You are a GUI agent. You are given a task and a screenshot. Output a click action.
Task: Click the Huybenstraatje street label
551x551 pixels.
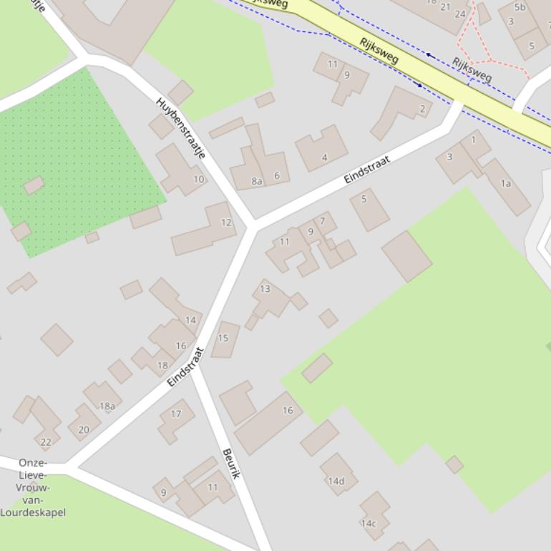180,128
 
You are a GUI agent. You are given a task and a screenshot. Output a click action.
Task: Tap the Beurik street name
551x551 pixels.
230,464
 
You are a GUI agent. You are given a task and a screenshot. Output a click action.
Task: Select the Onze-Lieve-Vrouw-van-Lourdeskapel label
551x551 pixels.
33,487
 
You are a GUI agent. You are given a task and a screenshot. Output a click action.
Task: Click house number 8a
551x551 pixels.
257,182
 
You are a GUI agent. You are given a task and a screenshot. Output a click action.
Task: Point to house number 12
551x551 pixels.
226,223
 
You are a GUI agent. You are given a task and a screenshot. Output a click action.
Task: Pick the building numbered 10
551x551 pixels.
198,179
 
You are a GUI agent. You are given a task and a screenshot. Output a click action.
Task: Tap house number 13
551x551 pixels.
265,289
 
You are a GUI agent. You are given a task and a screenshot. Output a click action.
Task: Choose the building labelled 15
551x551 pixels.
223,338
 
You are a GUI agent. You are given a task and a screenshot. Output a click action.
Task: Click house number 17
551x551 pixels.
176,414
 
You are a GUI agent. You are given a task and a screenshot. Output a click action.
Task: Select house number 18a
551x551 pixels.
107,406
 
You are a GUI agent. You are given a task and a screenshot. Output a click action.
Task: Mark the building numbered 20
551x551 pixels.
84,429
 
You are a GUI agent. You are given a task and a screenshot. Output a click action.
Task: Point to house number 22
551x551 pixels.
46,442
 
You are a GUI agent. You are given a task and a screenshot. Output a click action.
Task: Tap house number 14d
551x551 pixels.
336,481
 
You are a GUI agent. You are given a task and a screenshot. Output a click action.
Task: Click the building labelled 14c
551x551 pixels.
369,523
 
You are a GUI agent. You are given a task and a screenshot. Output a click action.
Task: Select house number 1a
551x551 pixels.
506,184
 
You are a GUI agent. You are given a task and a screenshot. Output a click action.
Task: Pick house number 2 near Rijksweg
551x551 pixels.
422,109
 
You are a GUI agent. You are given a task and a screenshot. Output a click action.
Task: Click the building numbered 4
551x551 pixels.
324,157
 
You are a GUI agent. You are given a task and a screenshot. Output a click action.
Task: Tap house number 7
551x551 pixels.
323,221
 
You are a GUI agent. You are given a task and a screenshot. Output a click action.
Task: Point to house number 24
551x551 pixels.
460,14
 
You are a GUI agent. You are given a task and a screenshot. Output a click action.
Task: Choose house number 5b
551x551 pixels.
520,8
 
